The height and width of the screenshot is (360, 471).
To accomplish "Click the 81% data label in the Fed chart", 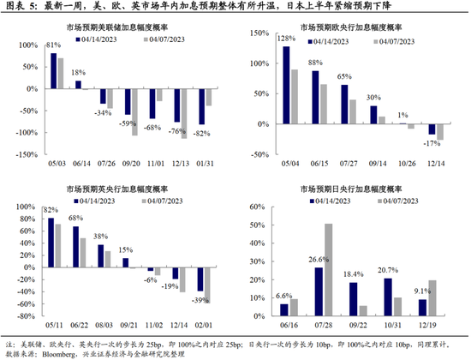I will point(53,45).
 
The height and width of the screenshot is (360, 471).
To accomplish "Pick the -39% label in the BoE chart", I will point(202,299).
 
